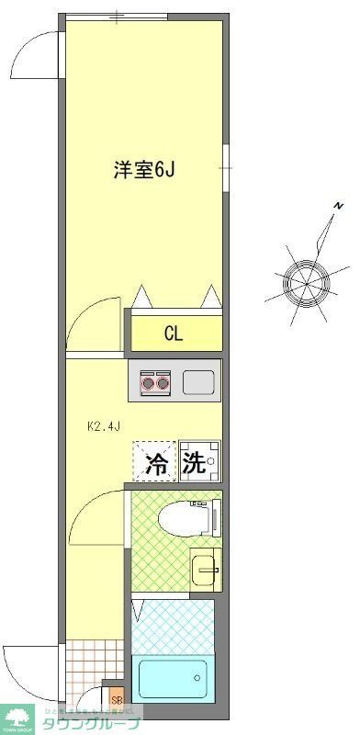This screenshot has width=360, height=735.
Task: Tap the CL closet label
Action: pyautogui.click(x=174, y=334)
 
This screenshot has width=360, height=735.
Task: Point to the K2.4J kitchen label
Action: pyautogui.click(x=104, y=426)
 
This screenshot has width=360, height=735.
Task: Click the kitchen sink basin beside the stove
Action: pyautogui.click(x=198, y=381)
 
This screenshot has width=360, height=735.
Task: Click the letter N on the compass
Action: pyautogui.click(x=338, y=205)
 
